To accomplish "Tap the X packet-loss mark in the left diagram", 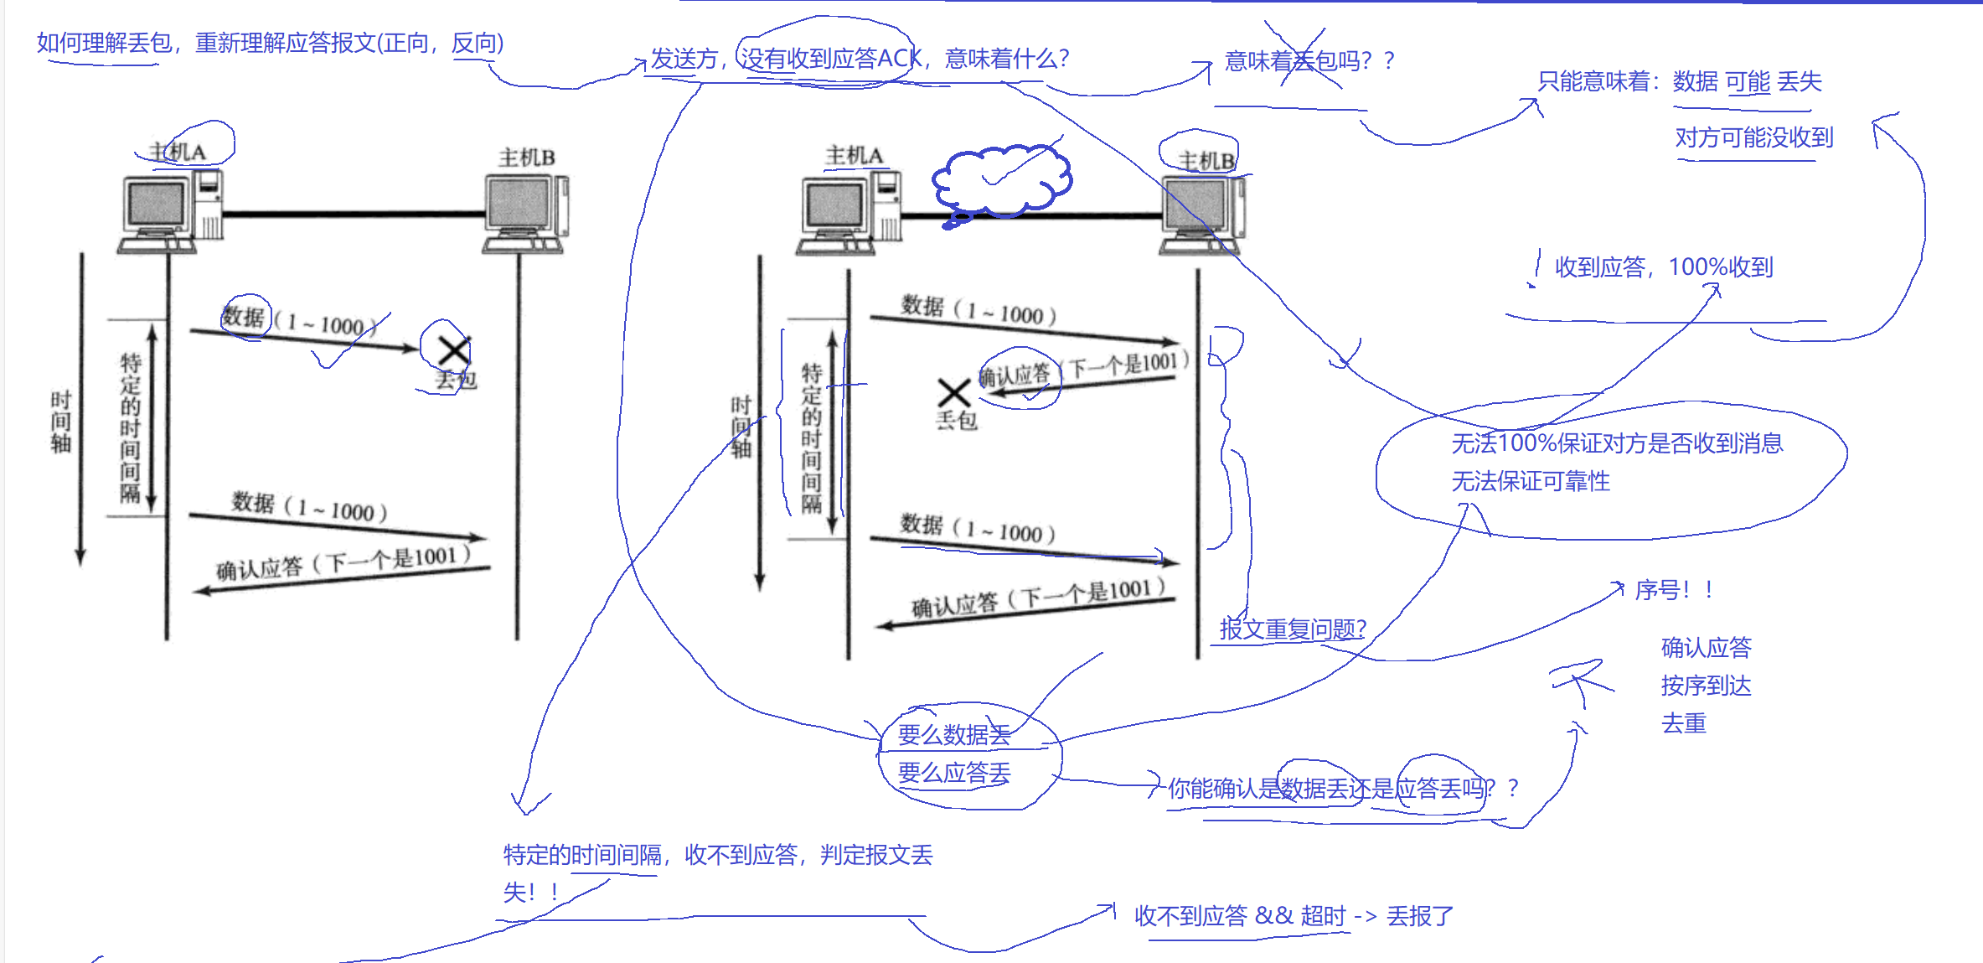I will [x=453, y=350].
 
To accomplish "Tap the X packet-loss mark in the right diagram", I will [x=953, y=392].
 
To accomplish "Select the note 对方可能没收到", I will [x=1753, y=137].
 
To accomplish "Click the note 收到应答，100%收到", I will [x=1663, y=267].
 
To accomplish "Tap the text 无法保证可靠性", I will [x=1530, y=481].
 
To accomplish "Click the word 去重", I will [x=1683, y=723].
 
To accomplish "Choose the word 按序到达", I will [x=1706, y=686].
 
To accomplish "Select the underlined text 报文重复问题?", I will [x=1293, y=629].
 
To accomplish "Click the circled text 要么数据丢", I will [x=953, y=735].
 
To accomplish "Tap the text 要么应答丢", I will [x=953, y=773].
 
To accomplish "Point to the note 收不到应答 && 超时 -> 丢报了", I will [x=1294, y=916].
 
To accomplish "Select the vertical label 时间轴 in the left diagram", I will [x=60, y=422].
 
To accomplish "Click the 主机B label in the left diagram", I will [x=526, y=158].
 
